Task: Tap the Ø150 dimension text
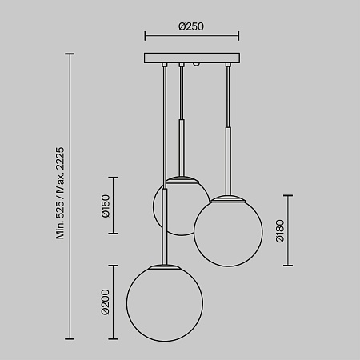click(106, 206)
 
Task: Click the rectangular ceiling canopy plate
click(191, 58)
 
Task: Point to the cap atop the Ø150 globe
click(182, 178)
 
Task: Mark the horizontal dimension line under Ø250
click(191, 36)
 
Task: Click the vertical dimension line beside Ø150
click(113, 206)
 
